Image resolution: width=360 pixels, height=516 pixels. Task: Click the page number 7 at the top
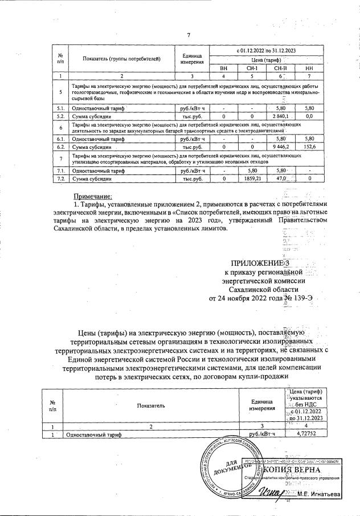188,35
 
